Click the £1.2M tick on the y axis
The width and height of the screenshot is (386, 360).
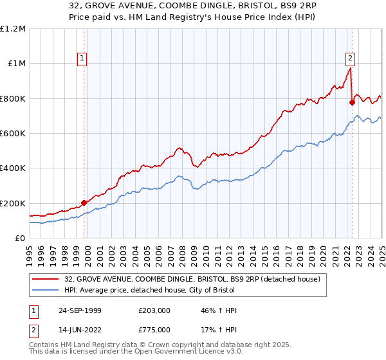tap(13, 29)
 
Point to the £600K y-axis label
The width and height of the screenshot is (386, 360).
tap(13, 134)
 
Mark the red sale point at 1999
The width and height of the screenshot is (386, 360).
tap(84, 203)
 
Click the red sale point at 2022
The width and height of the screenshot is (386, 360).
tap(352, 102)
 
